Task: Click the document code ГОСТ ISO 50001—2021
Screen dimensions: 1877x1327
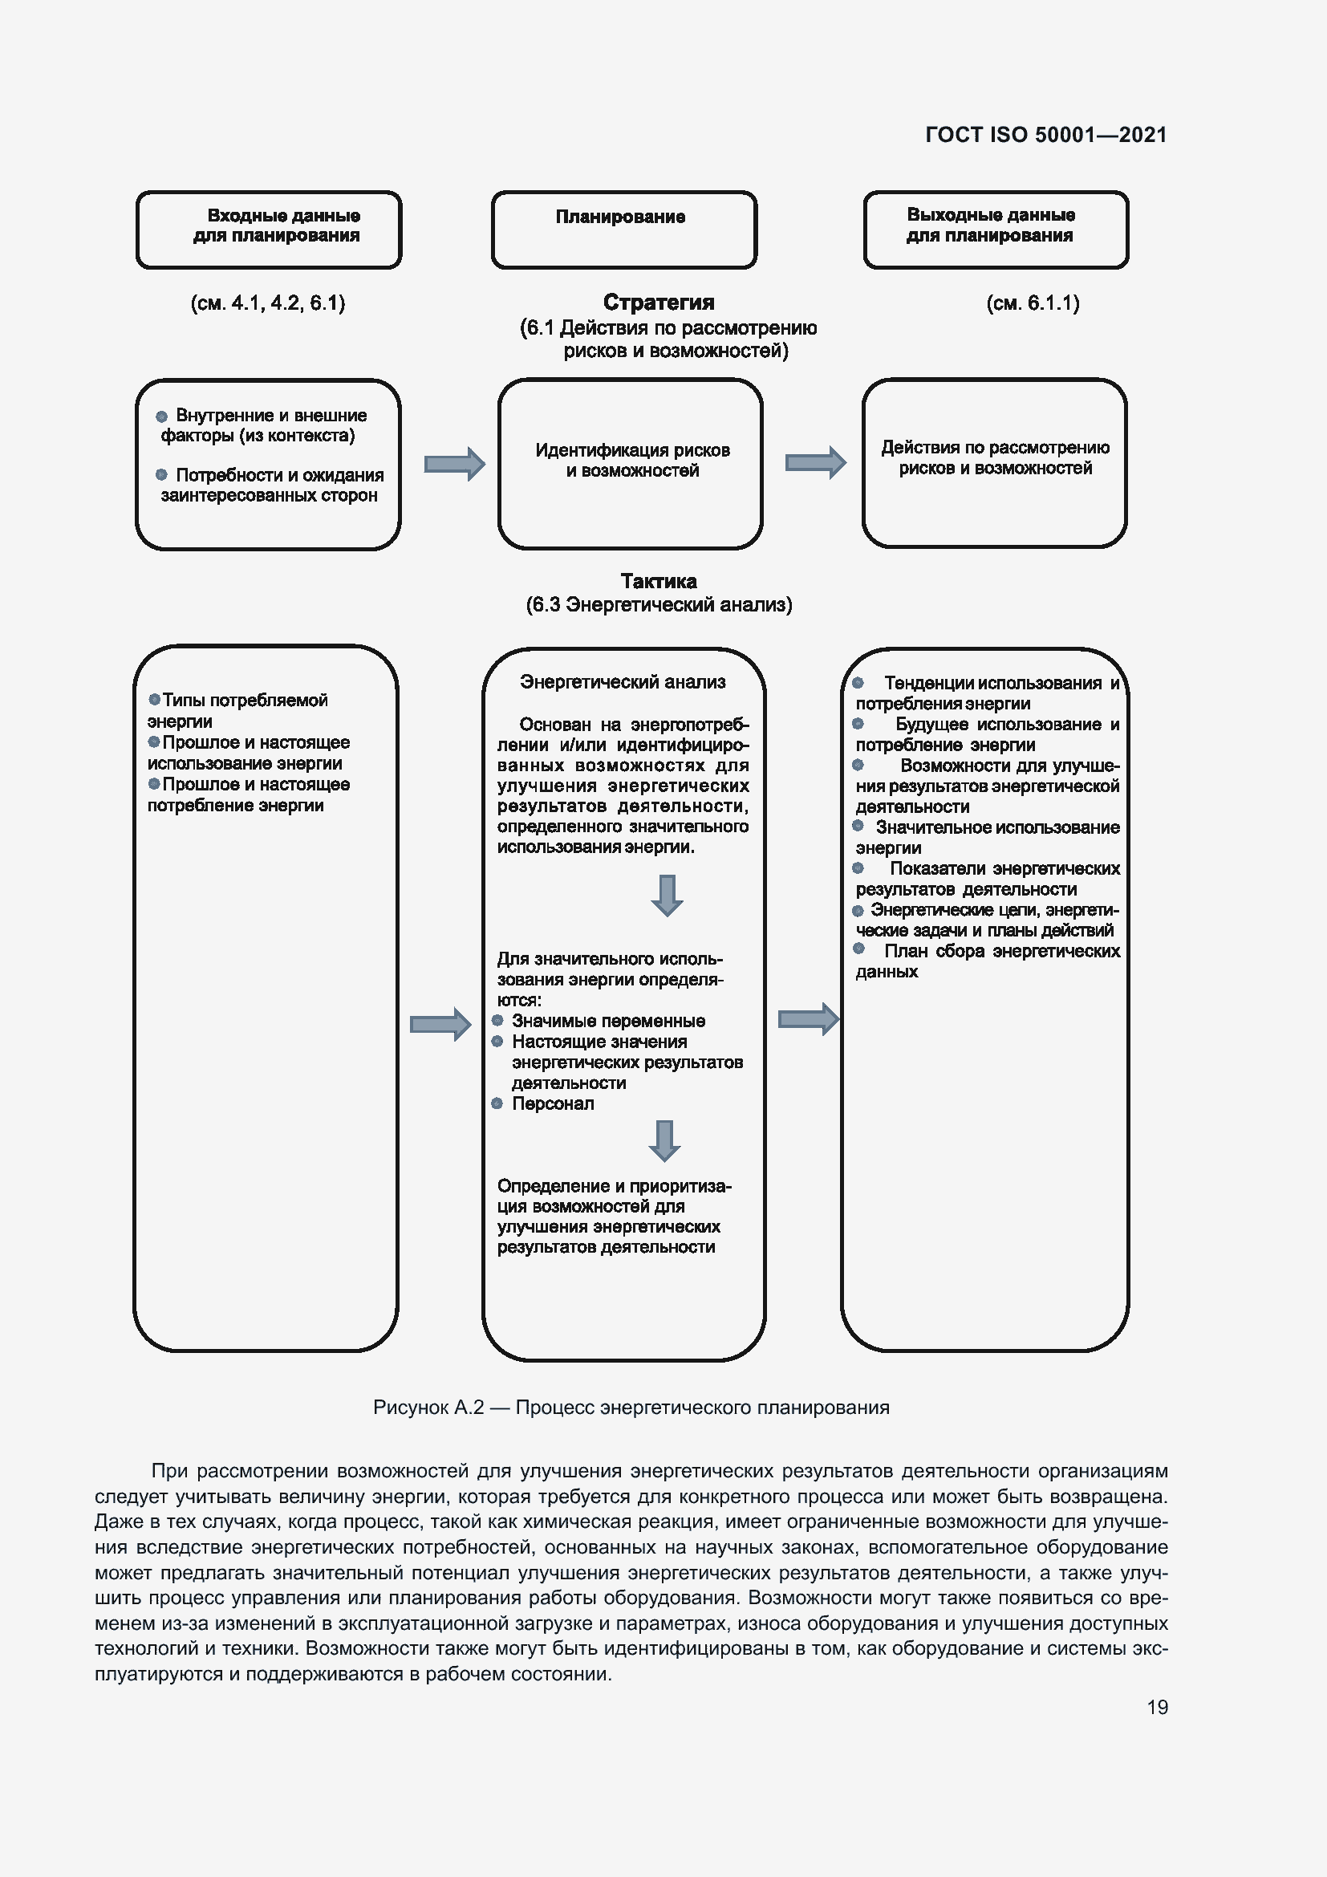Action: (1045, 135)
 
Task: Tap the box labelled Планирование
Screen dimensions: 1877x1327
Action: (623, 229)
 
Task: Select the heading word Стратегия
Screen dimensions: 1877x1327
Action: (658, 303)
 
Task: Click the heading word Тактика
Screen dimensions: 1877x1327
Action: (658, 581)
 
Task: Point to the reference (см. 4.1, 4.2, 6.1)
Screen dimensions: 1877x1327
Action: (267, 303)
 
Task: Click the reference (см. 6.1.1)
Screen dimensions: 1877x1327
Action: (1032, 303)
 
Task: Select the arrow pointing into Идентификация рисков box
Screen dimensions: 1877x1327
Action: (454, 464)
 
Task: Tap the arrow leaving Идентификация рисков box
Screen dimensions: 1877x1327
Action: (814, 463)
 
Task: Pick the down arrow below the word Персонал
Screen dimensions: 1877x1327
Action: (664, 1140)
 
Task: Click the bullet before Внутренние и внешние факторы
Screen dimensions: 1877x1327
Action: (162, 416)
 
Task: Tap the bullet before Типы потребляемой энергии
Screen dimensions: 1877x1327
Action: (154, 699)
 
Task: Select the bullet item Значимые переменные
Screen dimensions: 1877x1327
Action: (608, 1020)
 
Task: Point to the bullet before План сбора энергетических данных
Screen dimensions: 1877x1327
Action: (858, 949)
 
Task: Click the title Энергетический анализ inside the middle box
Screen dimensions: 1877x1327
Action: (622, 682)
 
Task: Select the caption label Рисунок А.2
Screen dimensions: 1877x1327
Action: (428, 1407)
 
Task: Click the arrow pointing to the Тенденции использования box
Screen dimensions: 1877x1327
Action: (808, 1018)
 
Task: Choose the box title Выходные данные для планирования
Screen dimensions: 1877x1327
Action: (989, 225)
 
